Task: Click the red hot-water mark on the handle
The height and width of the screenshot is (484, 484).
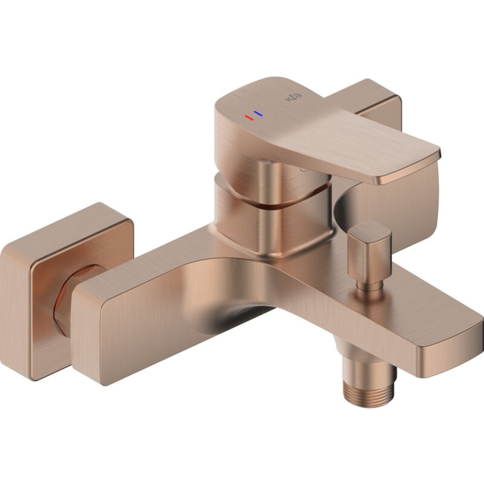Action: click(x=249, y=117)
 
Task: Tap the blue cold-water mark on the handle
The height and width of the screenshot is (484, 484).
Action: click(x=258, y=113)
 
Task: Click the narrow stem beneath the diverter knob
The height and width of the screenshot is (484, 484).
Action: click(x=369, y=284)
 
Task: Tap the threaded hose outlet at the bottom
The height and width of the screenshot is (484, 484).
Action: click(x=369, y=391)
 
